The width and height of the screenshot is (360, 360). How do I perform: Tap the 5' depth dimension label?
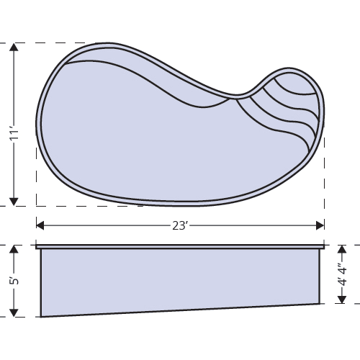click(x=13, y=282)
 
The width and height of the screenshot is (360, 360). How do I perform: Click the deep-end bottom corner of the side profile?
click(x=41, y=316)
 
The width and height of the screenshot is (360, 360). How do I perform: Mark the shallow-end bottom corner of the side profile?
click(x=319, y=302)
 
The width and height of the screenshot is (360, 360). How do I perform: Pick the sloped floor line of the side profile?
click(x=180, y=310)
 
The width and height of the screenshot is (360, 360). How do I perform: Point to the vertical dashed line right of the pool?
click(x=324, y=180)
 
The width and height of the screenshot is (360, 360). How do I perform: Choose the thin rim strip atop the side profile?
click(x=180, y=248)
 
